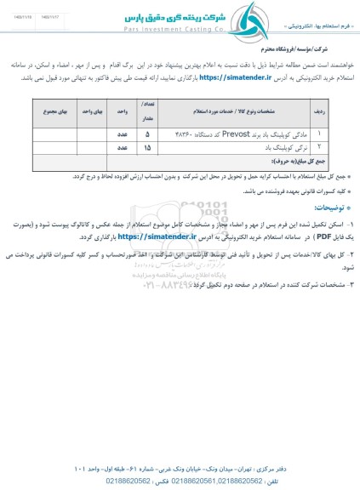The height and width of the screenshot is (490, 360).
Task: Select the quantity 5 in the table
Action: [148, 134]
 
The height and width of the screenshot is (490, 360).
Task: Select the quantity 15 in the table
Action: [148, 147]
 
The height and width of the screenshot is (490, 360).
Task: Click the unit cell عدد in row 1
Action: [122, 134]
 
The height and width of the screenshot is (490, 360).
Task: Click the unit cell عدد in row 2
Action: [122, 147]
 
